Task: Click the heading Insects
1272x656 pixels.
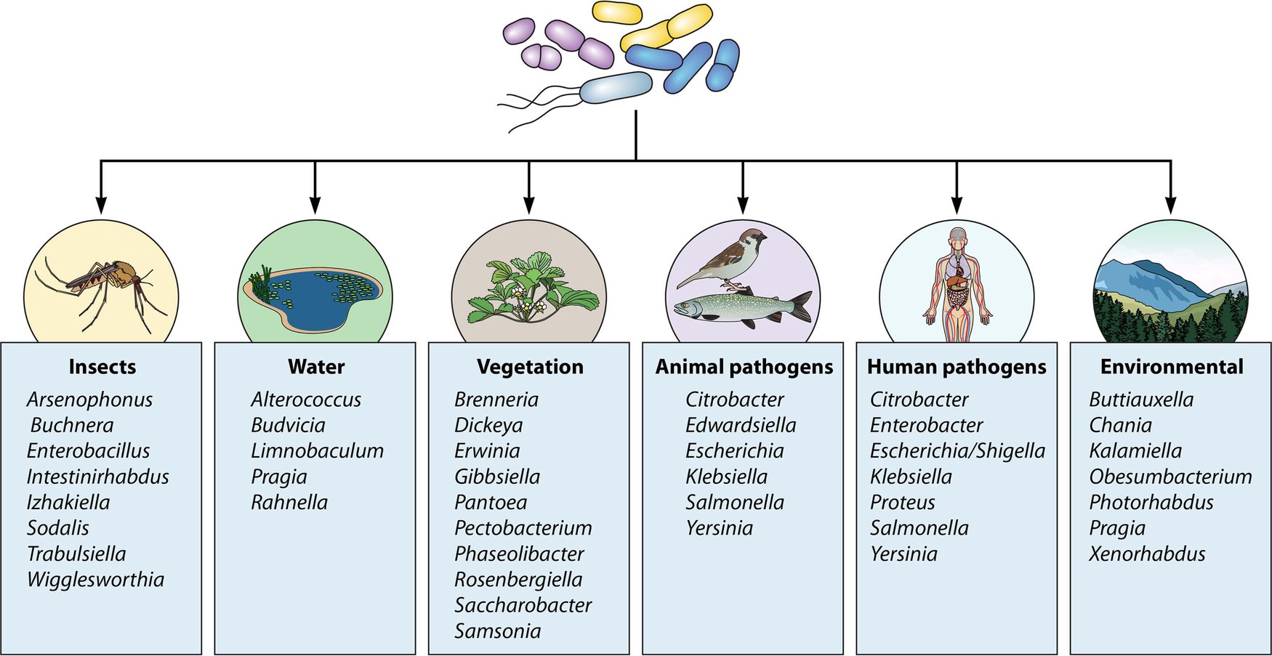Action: pos(102,367)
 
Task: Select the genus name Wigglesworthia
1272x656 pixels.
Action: pos(95,580)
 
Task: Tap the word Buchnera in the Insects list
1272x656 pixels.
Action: pos(72,425)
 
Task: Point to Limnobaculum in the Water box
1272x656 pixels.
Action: pos(317,451)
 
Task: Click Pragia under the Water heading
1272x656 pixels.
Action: pos(279,477)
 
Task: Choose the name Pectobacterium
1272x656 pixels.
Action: pos(523,528)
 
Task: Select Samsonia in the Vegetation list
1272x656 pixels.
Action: pos(497,631)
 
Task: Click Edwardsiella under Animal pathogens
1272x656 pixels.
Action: pos(741,425)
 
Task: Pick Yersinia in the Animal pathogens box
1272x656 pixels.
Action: pos(719,528)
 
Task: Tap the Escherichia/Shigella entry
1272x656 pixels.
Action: pos(957,451)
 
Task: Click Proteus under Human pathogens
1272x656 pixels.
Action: pos(902,503)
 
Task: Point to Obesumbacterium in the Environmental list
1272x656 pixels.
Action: pos(1170,477)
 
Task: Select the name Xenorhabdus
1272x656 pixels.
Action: pos(1147,554)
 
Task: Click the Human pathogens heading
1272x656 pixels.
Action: pos(957,367)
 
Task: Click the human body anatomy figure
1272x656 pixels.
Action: pos(957,284)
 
